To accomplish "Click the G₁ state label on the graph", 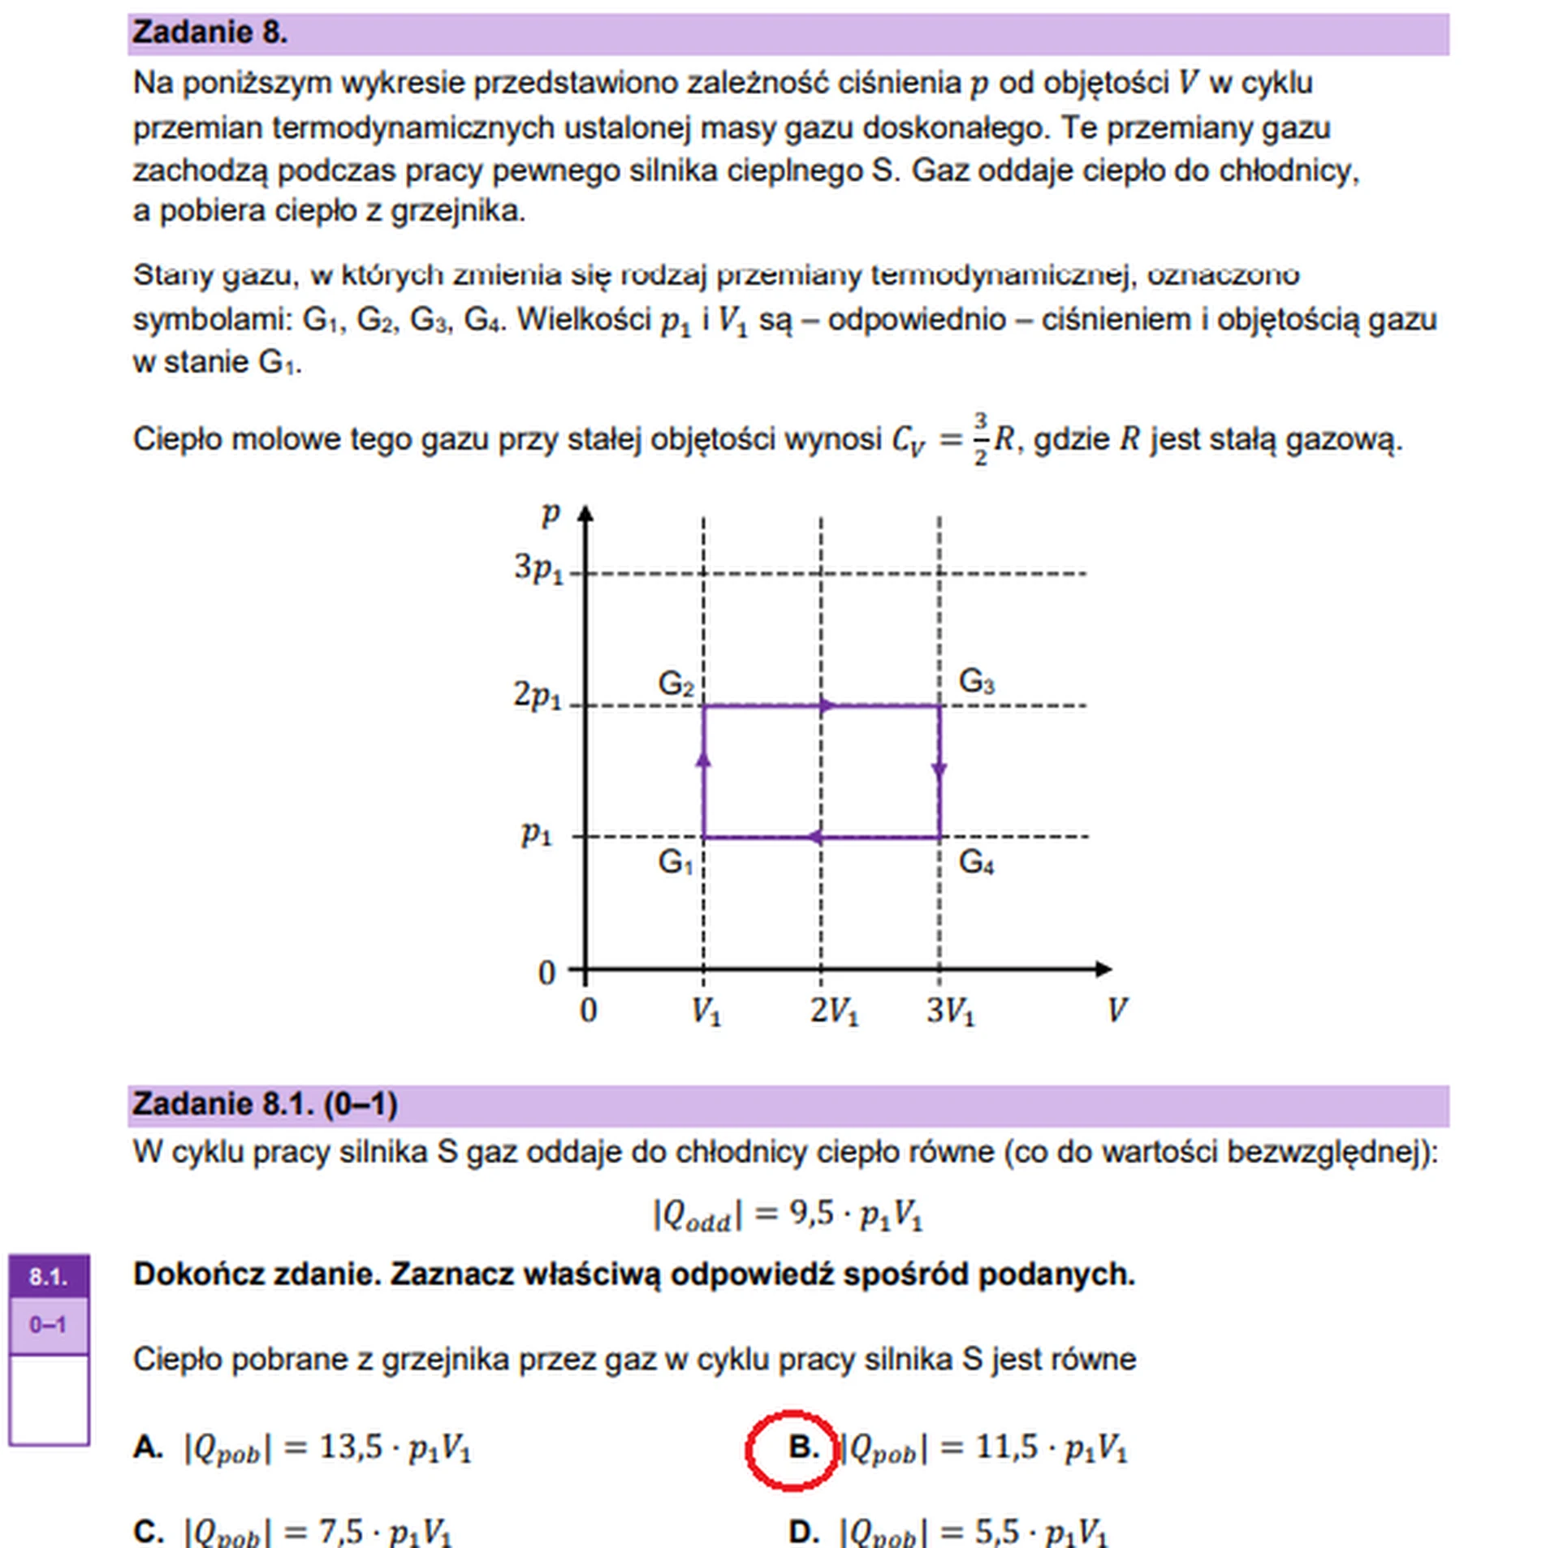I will click(x=675, y=861).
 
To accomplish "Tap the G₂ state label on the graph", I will click(x=675, y=683).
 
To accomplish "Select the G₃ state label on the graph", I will click(x=975, y=681).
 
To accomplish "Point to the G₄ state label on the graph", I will click(x=975, y=861).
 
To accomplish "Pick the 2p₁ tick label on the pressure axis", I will click(x=537, y=696).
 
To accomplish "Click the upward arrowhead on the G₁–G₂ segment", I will click(x=703, y=758).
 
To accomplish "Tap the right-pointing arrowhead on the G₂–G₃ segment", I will click(x=826, y=705).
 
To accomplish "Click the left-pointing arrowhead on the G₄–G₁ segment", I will click(x=814, y=837).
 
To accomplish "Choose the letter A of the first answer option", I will click(x=147, y=1447).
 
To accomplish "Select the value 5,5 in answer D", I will click(x=996, y=1532).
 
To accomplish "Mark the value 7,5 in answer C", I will click(x=340, y=1532).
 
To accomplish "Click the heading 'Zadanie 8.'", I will click(x=209, y=32).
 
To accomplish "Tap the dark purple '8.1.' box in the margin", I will click(x=49, y=1277).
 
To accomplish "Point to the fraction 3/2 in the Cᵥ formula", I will click(x=980, y=438).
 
